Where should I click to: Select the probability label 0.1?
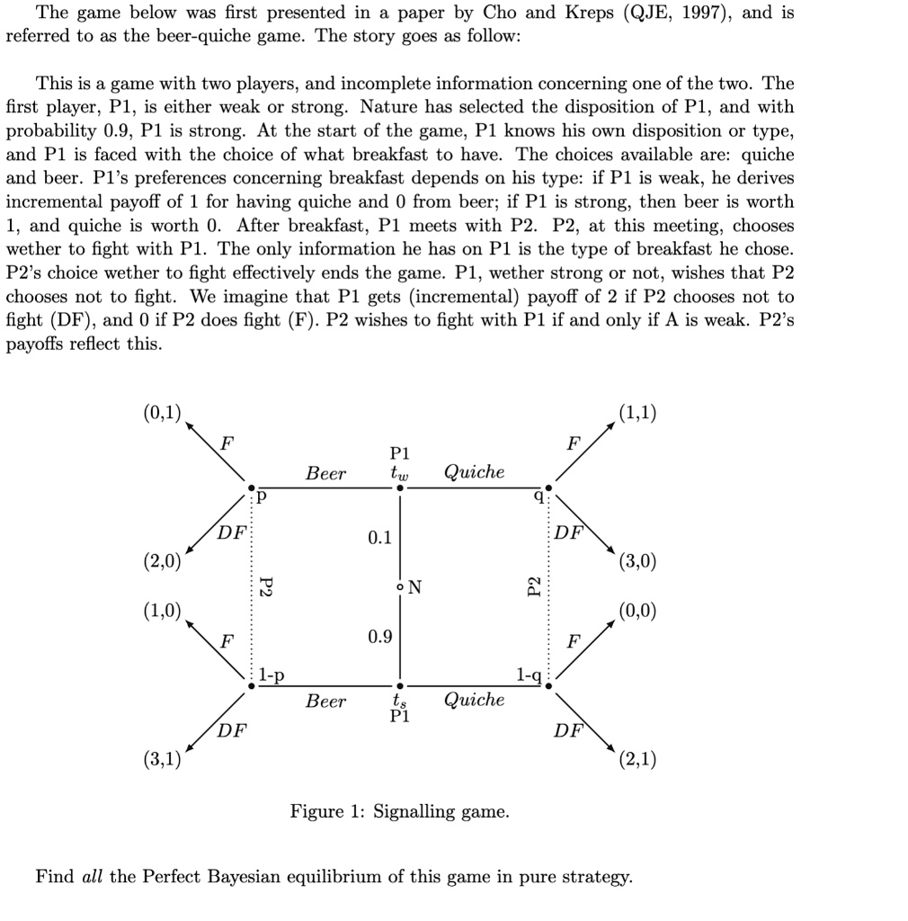point(379,538)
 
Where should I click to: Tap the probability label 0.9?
point(379,637)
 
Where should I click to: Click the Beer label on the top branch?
point(325,473)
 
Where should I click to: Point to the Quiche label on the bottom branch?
point(475,700)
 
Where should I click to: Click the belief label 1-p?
point(272,675)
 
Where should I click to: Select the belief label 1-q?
point(529,675)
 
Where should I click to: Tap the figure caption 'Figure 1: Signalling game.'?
point(399,811)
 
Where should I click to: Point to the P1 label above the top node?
point(399,453)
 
